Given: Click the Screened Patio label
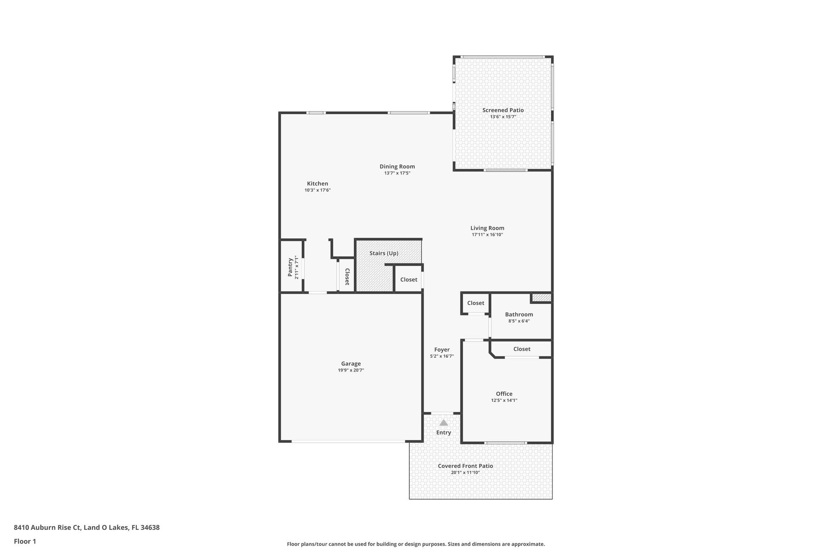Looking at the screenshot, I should [x=503, y=110].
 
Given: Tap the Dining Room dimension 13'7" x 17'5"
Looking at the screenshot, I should [x=397, y=173].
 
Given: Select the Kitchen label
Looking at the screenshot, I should [x=317, y=184].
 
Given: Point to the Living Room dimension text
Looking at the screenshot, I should [x=487, y=235].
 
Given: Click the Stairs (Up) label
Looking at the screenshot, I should [x=383, y=253].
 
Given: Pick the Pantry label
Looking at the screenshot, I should [x=290, y=267].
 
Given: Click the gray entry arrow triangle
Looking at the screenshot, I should [x=444, y=423].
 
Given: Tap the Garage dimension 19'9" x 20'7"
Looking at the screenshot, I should [x=351, y=370].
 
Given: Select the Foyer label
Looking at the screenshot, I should [x=442, y=350].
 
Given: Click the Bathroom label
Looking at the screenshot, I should [x=519, y=314].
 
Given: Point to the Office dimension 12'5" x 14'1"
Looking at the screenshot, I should [x=504, y=400].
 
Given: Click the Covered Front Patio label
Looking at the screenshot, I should [x=465, y=466].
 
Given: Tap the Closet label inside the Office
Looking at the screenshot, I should [x=522, y=349].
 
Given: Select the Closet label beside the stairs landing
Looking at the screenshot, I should [x=409, y=280].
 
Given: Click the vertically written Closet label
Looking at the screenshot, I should [x=347, y=277].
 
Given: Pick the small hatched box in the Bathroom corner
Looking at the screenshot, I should [x=542, y=298].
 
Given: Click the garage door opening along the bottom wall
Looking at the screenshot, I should [x=348, y=442].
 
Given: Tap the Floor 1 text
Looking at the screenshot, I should [x=25, y=541].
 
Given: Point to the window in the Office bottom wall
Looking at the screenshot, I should [x=506, y=443].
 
